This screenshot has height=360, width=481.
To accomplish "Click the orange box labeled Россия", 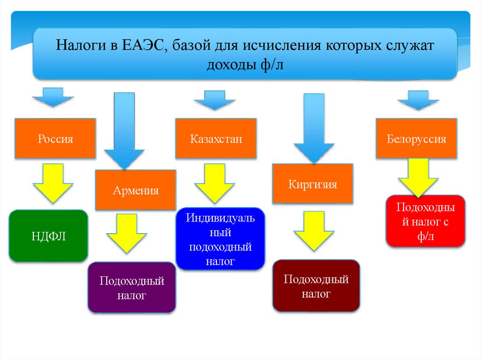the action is point(55,138).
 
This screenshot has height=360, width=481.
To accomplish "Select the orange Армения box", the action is point(135,190).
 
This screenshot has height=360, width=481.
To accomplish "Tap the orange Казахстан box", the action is point(216,138).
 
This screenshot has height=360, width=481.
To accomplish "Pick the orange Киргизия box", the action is point(312,184).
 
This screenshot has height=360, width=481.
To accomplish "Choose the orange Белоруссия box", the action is point(416,138).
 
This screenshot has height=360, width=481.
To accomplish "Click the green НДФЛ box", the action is point(48,236).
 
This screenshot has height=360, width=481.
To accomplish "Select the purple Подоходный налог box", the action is point(132,287).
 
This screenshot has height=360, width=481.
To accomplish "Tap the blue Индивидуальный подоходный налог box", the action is point(220,239).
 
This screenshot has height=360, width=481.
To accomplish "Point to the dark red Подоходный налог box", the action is point(316,286).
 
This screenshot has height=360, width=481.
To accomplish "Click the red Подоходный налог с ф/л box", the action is point(426,221).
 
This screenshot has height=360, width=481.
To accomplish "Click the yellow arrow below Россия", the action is point(53,182).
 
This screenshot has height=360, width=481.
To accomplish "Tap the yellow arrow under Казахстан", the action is point(214,182).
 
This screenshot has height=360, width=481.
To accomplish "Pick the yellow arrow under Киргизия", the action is point(314,230).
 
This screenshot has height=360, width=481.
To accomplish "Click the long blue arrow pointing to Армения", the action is point(124,129).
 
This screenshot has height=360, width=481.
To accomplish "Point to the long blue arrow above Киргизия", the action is point(314,127).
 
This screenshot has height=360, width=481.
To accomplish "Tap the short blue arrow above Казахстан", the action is point(215,100).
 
